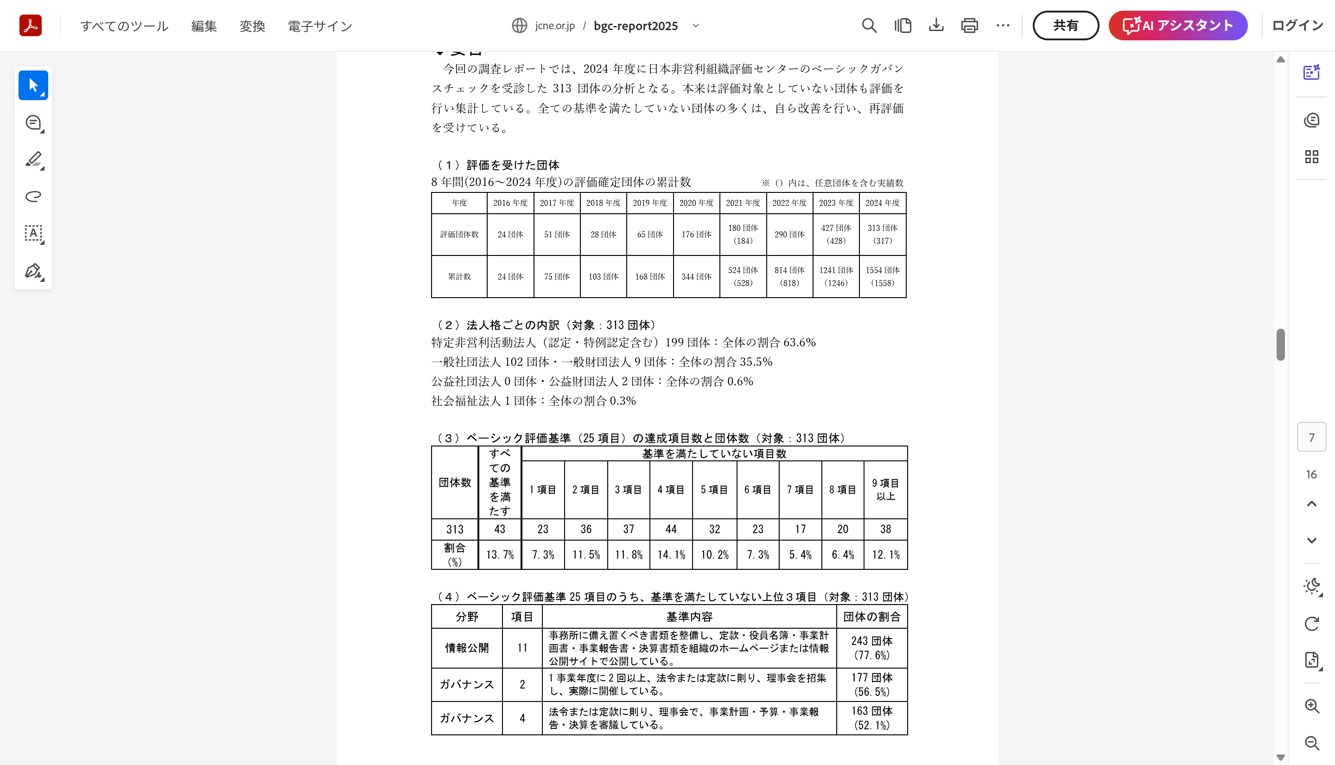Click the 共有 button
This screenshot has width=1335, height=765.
pyautogui.click(x=1065, y=25)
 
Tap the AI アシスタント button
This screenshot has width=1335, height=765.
pyautogui.click(x=1177, y=25)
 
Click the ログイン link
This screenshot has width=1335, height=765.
pyautogui.click(x=1297, y=25)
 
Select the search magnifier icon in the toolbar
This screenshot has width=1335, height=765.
pyautogui.click(x=869, y=25)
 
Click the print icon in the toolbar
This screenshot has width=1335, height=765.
pyautogui.click(x=969, y=25)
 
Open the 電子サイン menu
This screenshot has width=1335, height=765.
pyautogui.click(x=319, y=26)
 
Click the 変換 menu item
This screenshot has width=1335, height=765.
pyautogui.click(x=252, y=26)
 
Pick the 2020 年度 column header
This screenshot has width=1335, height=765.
pyautogui.click(x=696, y=203)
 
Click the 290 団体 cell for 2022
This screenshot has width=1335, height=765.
pyautogui.click(x=789, y=234)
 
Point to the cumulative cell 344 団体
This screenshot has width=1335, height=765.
pyautogui.click(x=696, y=276)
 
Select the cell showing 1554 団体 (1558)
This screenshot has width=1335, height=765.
pyautogui.click(x=882, y=276)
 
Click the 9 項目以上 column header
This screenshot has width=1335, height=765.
pyautogui.click(x=885, y=489)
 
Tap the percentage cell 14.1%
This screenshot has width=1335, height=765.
pyautogui.click(x=671, y=555)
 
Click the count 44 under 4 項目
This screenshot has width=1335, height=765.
pyautogui.click(x=671, y=529)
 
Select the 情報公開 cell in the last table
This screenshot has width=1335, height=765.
pyautogui.click(x=466, y=648)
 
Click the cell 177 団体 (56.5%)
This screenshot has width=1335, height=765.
pyautogui.click(x=872, y=684)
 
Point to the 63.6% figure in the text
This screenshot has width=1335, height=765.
pyautogui.click(x=799, y=343)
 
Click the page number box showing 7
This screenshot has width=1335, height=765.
pyautogui.click(x=1311, y=437)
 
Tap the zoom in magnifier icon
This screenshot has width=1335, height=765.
pyautogui.click(x=1311, y=706)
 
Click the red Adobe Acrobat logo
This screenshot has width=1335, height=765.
pyautogui.click(x=31, y=25)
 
